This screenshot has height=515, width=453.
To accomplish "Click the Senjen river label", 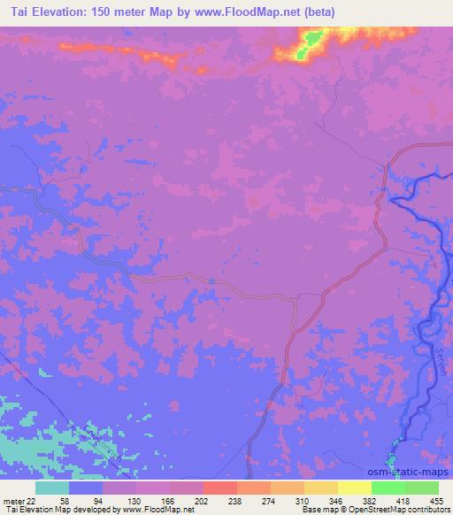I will pyautogui.click(x=440, y=362).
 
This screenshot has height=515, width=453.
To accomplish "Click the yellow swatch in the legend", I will pyautogui.click(x=355, y=488).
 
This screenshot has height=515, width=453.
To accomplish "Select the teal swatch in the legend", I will pyautogui.click(x=52, y=488).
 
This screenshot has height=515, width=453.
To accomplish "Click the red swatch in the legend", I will pyautogui.click(x=220, y=488).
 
